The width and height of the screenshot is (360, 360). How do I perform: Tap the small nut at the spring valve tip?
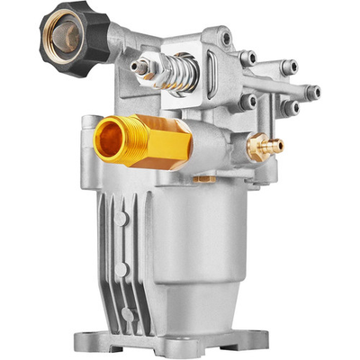point(139,66)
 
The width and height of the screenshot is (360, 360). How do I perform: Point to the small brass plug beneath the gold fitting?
point(205,179)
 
